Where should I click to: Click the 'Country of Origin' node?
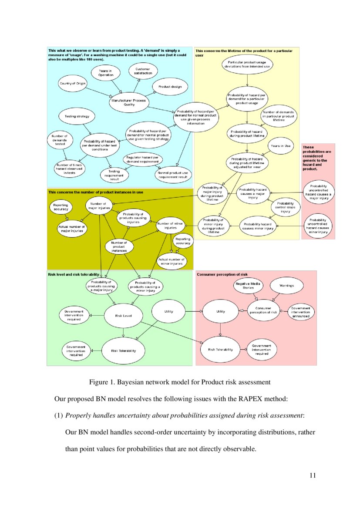73,83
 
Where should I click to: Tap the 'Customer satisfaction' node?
143,71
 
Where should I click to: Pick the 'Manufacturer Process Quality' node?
129,102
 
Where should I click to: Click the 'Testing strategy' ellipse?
77,117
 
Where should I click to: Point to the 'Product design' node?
170,87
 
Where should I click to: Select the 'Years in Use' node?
281,146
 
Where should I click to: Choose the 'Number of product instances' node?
119,246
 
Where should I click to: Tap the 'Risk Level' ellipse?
123,315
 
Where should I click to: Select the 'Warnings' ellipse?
283,286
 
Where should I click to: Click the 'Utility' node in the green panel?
168,311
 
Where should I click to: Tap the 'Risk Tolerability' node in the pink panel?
221,349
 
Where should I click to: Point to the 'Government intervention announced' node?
300,311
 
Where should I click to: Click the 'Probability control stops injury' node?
285,208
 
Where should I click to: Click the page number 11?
312,475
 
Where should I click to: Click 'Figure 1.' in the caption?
102,382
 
